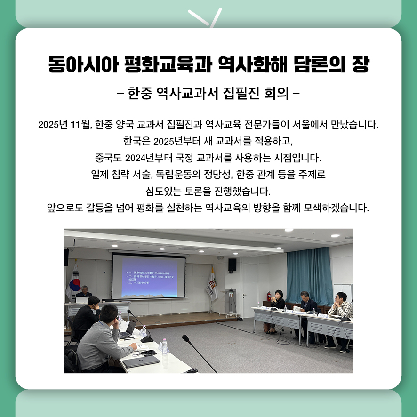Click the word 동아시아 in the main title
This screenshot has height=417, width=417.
pos(80,65)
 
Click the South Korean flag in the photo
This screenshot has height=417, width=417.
pos(74,283)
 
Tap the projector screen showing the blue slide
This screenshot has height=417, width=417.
pos(149,277)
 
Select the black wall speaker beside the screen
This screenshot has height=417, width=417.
pos(232,265)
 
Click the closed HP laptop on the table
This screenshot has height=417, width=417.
pos(141,361)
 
